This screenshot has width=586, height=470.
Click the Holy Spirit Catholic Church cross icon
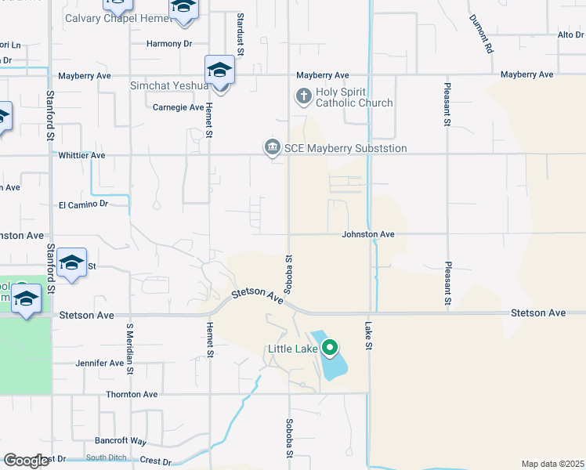click(303, 96)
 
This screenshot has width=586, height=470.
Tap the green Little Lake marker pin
click(330, 348)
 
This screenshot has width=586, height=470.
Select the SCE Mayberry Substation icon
click(272, 146)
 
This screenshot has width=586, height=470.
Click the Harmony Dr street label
click(168, 44)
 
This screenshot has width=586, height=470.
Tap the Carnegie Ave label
click(178, 107)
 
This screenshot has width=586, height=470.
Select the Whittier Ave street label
click(81, 156)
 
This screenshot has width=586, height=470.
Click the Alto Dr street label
click(570, 35)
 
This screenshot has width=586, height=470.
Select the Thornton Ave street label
click(132, 395)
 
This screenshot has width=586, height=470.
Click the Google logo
click(26, 461)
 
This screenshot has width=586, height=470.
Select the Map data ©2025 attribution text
click(553, 464)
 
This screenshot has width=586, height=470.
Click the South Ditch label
click(106, 457)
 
